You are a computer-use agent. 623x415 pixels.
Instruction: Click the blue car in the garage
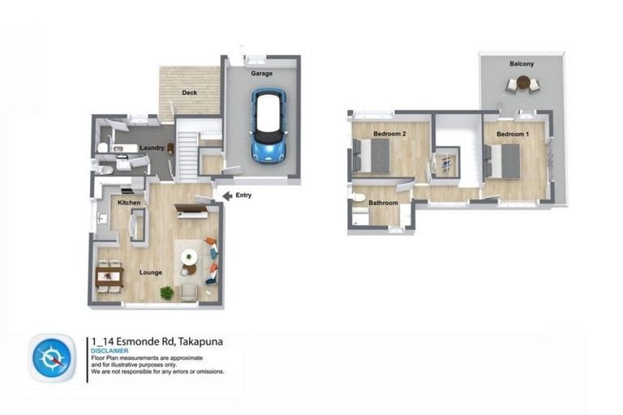[269, 125]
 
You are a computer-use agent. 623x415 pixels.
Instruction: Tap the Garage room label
[261, 74]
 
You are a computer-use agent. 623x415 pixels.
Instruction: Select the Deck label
[189, 93]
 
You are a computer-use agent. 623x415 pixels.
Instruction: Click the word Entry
[243, 195]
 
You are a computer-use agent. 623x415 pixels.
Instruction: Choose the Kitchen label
[130, 202]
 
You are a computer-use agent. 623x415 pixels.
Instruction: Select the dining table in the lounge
[110, 276]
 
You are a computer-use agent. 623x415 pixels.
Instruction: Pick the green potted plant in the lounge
[167, 293]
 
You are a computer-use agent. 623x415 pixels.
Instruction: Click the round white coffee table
[190, 258]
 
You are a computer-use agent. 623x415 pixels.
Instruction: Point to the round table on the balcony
[522, 83]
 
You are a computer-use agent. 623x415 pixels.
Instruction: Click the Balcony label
[522, 63]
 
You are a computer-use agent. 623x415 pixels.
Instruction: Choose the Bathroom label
[383, 203]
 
